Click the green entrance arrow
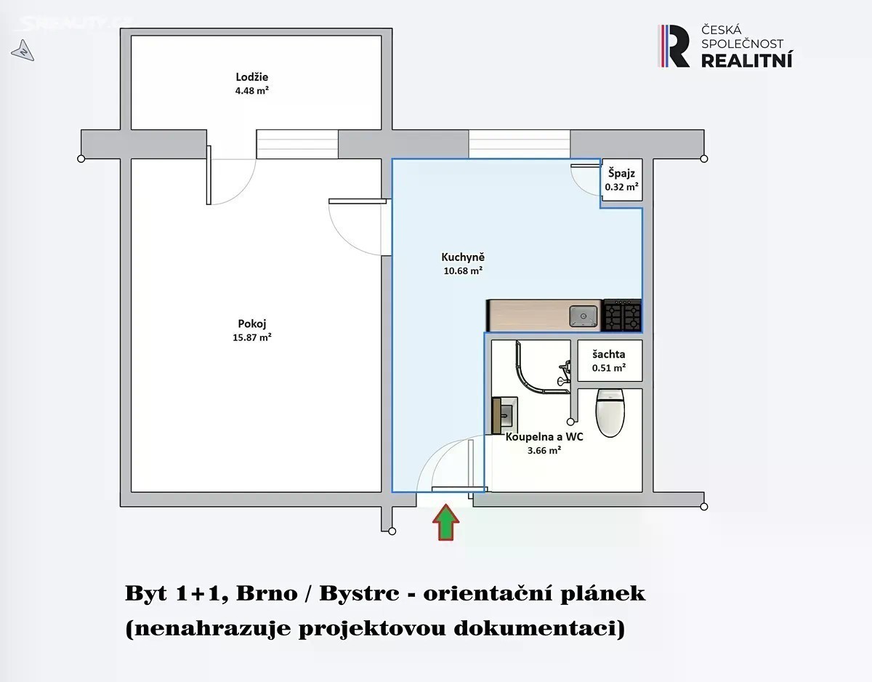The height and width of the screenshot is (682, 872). tap(445, 522)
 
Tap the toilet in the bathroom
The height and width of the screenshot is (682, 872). tap(610, 413)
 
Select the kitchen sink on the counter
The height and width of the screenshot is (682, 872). tap(583, 316)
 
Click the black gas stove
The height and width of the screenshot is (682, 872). tap(623, 315)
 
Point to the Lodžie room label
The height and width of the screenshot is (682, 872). tap(251, 77)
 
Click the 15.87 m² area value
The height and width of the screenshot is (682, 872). tap(252, 337)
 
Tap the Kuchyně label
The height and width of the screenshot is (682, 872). tap(463, 257)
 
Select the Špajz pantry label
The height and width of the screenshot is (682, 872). tap(621, 173)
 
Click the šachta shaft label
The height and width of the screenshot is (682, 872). tap(609, 354)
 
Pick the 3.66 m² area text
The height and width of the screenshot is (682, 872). tap(544, 450)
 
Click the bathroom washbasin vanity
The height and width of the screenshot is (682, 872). tap(504, 416)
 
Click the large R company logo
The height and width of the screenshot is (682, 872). tap(674, 46)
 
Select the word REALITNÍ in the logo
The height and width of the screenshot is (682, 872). tap(746, 60)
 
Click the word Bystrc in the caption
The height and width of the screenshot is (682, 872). tap(359, 594)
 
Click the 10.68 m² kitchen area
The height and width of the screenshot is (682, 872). tap(463, 271)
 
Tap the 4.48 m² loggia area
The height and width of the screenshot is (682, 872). tap(251, 91)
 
